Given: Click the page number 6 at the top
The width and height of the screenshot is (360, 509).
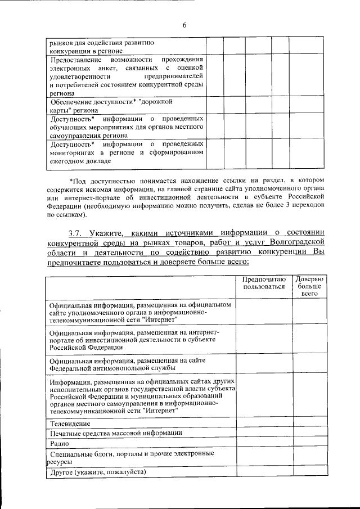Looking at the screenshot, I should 183,24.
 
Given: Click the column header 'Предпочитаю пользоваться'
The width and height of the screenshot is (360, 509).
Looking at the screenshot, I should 264,283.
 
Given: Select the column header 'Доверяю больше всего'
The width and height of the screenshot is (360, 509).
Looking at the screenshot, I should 309,286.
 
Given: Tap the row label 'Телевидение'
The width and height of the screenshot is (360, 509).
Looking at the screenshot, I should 70,423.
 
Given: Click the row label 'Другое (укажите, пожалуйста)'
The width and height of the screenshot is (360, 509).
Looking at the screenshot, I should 98,471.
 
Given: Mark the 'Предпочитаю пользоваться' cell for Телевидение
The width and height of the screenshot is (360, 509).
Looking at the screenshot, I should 264,423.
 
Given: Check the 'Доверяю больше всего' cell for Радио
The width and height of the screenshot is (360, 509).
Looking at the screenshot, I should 309,444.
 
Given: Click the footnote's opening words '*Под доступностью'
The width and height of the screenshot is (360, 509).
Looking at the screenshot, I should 99,180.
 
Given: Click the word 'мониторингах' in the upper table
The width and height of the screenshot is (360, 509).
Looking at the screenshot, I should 74,152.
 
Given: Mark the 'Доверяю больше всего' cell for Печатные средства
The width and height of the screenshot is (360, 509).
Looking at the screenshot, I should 309,433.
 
